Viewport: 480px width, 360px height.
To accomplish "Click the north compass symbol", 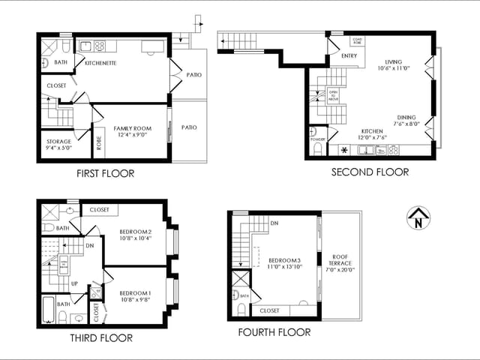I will (x=418, y=218).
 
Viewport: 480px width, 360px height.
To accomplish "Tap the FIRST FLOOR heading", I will (x=106, y=174).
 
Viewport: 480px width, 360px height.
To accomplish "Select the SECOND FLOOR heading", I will (x=370, y=172).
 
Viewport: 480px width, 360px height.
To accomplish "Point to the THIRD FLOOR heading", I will (x=101, y=337).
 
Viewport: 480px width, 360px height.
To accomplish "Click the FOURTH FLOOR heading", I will (x=274, y=332).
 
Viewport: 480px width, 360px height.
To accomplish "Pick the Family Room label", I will (x=132, y=132).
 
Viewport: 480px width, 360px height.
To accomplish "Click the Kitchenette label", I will (x=100, y=64).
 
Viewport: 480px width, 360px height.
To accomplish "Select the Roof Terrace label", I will (x=340, y=263).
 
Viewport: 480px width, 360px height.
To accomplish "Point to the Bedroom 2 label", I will (x=135, y=235).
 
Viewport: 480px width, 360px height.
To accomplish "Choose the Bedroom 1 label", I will (x=135, y=295).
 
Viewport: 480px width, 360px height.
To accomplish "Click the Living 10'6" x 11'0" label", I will (x=394, y=65).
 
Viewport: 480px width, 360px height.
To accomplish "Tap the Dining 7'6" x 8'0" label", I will (x=406, y=121).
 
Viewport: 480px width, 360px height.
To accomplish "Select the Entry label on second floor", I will (x=349, y=56).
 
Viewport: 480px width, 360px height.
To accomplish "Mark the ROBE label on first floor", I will (x=99, y=143).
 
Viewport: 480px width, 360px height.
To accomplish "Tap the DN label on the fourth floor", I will (x=274, y=223).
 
